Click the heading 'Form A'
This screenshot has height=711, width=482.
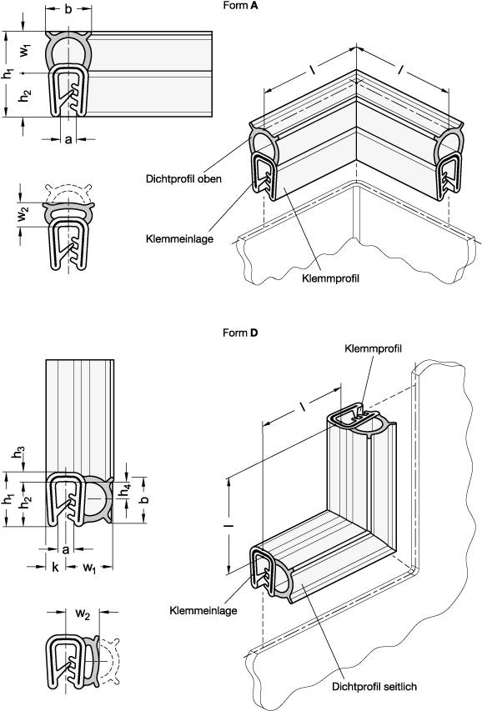[x=241, y=7]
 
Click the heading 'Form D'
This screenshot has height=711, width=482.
[x=241, y=333]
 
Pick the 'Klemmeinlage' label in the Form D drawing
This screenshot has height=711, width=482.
[x=203, y=610]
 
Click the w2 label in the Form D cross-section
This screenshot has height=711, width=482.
[x=82, y=614]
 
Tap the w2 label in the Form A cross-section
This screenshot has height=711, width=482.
[x=26, y=213]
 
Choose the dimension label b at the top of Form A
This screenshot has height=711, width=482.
[x=68, y=9]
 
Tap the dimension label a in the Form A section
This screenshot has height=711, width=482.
[x=68, y=139]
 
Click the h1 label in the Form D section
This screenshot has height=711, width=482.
[x=8, y=500]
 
